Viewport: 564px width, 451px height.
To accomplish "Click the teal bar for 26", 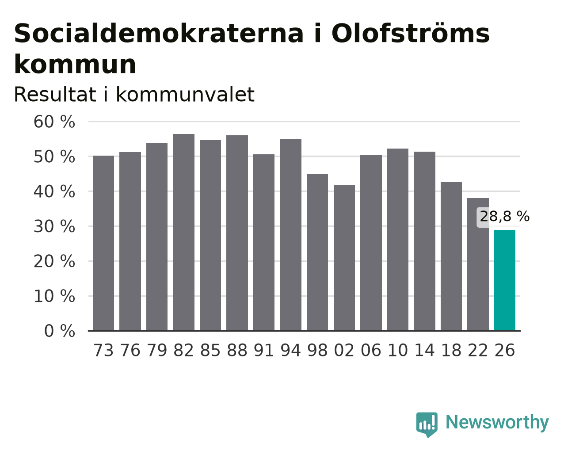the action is coord(504,280).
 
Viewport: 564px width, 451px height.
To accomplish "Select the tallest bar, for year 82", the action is coord(183,232).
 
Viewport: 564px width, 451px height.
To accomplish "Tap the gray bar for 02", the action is coord(344,258).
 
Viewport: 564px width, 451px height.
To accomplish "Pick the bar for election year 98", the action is coord(317,252).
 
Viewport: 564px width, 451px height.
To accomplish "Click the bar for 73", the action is coord(103,243).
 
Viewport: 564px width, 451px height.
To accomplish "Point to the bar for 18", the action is coord(451,256).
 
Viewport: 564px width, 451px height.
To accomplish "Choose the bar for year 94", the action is coord(290,235).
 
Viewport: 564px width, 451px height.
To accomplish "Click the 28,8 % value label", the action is coord(504,217).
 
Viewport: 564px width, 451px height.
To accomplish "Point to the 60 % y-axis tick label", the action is coord(54,122).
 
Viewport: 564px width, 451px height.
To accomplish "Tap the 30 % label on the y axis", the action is coord(54,226).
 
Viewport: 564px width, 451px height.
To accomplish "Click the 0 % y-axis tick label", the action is coord(60,331).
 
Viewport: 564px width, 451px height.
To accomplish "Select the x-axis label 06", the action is coord(371,350).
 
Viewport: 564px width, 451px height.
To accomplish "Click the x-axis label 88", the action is coord(237,350).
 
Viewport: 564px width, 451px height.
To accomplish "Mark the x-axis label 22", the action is coord(478,350).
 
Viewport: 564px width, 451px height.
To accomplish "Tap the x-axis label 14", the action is coord(424,350).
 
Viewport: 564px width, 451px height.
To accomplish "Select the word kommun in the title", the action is coord(75,64).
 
